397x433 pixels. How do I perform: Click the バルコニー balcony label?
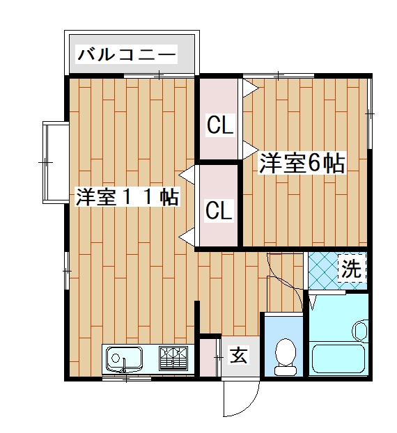pyautogui.click(x=127, y=54)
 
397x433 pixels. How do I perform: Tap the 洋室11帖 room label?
pyautogui.click(x=127, y=197)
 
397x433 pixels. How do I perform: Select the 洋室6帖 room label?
pyautogui.click(x=303, y=164)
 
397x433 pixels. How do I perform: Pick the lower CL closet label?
pyautogui.click(x=219, y=210)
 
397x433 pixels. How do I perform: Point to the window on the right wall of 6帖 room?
pyautogui.click(x=371, y=111)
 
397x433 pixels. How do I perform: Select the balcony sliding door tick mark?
pyautogui.click(x=160, y=74)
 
